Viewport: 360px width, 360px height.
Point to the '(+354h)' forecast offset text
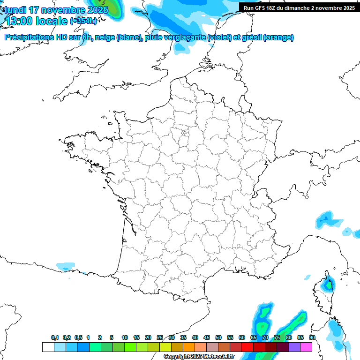point(83,21)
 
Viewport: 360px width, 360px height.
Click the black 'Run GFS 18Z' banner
point(299,7)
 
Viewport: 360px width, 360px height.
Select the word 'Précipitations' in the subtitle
point(30,37)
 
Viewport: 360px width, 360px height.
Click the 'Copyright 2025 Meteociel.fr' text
point(199,357)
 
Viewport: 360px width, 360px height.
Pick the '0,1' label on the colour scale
point(55,338)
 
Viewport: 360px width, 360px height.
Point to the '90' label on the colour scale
point(312,338)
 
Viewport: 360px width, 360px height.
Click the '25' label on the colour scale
point(160,338)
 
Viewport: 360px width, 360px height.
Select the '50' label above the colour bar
point(218,338)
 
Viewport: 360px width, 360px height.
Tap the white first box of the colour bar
point(48,347)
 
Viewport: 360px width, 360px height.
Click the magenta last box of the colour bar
point(306,347)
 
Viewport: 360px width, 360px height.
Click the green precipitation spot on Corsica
point(329,284)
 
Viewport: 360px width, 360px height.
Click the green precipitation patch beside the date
point(112,8)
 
